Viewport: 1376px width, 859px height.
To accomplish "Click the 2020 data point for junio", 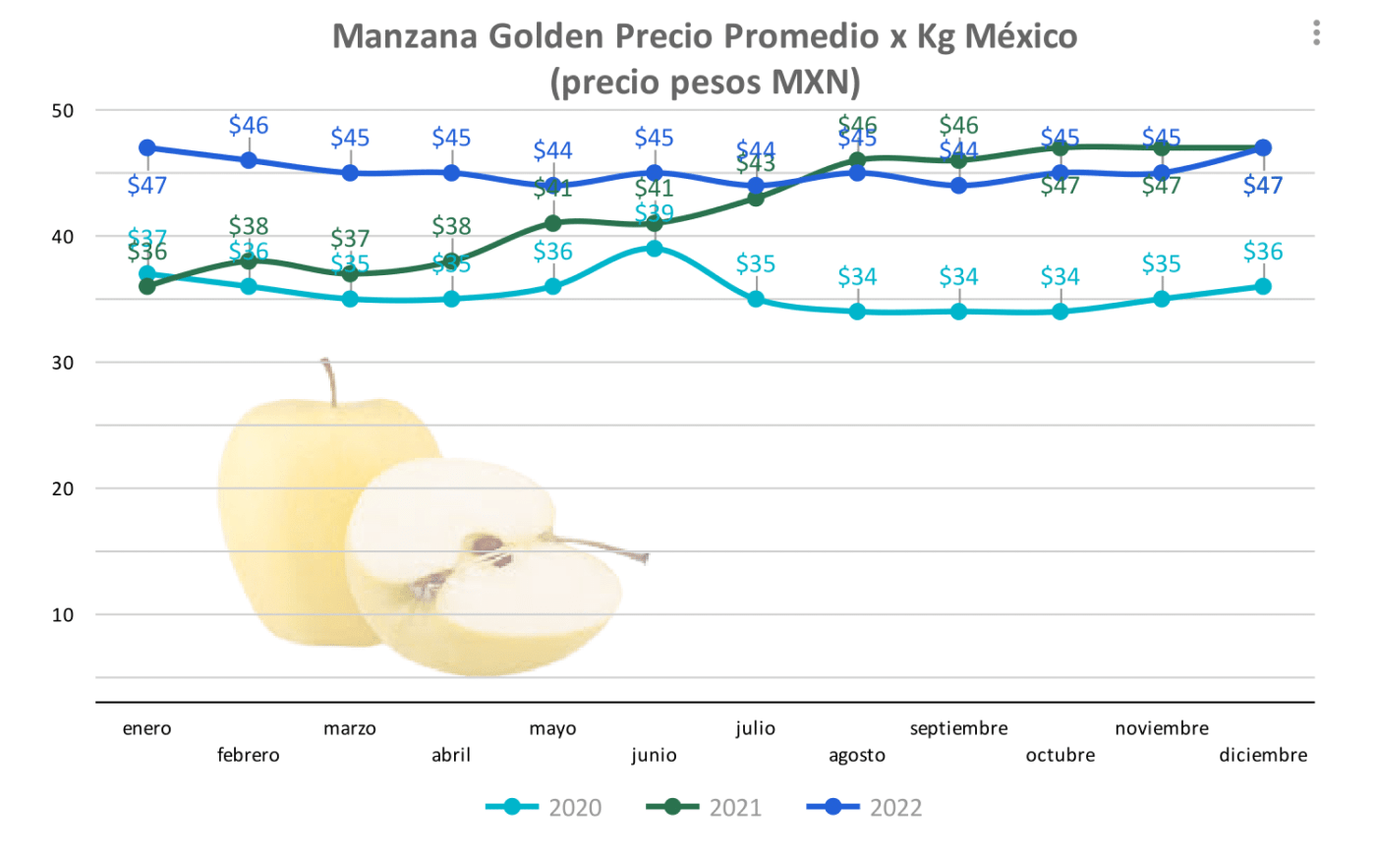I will [655, 249].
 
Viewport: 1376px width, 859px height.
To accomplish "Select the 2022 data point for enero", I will [147, 148].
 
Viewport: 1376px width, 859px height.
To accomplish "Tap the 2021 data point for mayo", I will [553, 224].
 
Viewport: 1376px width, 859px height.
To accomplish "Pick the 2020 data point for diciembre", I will [1263, 287].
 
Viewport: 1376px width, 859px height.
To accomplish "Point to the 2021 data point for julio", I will [756, 199].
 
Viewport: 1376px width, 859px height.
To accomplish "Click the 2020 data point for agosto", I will [857, 312].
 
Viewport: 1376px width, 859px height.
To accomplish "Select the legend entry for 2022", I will [865, 808].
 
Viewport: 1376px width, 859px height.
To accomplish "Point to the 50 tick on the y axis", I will [63, 111].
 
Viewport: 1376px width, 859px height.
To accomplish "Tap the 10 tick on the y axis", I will [63, 615].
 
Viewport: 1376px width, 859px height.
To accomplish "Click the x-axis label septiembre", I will [958, 728].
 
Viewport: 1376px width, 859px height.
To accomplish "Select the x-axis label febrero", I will [249, 755].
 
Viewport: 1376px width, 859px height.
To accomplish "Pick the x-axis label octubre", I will [1060, 755].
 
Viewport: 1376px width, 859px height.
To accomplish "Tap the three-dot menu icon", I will [1316, 33].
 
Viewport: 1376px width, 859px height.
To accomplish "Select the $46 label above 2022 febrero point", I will [249, 126].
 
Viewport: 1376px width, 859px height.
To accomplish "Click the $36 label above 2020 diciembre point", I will [1263, 252].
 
